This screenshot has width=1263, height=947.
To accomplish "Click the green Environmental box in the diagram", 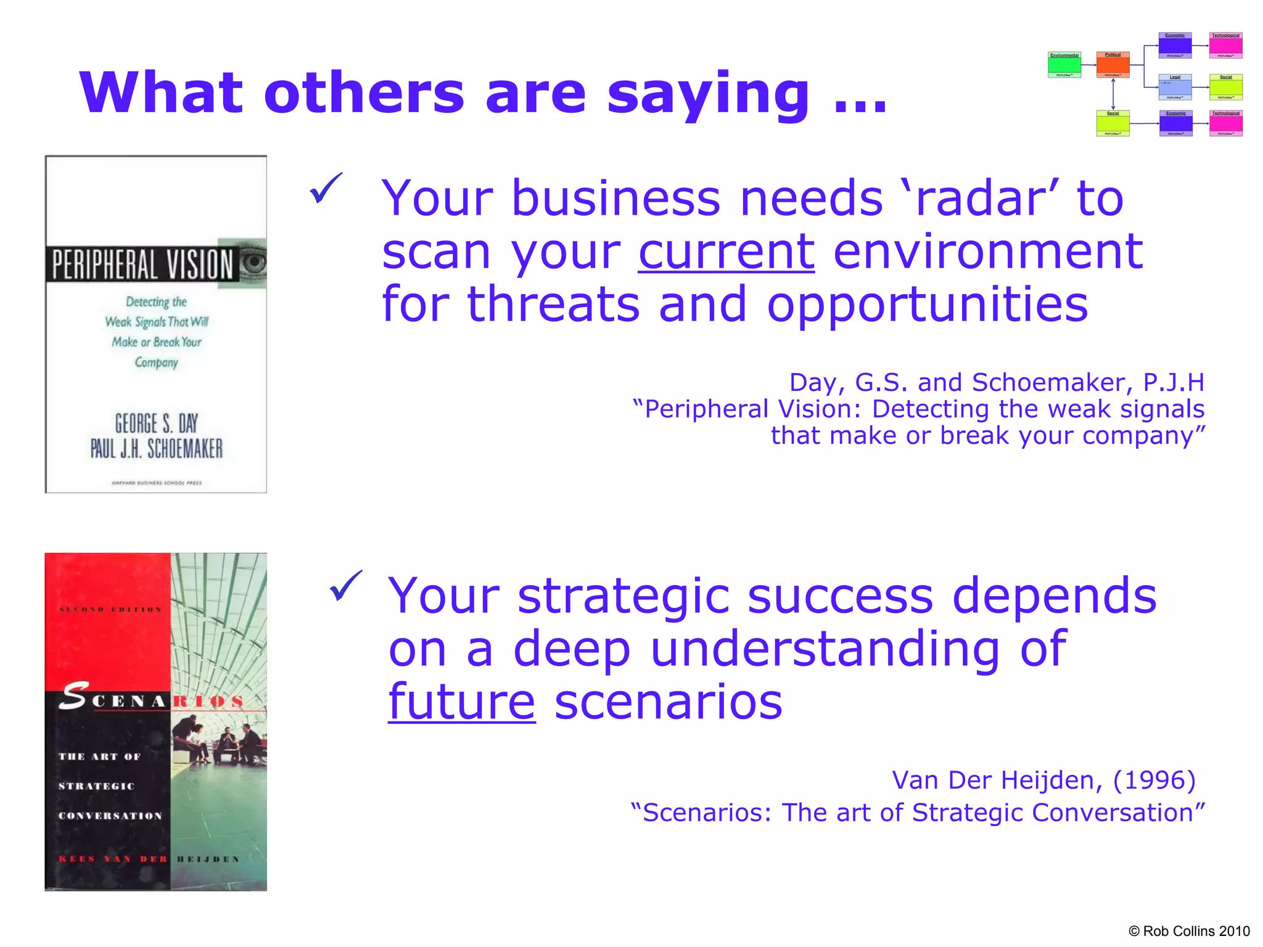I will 1064,65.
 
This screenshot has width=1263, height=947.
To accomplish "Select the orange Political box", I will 1113,65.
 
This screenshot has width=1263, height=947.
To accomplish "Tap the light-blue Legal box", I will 1175,87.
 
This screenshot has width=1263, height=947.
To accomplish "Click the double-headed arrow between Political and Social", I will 1113,94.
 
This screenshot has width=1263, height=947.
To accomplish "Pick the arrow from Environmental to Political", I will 1089,65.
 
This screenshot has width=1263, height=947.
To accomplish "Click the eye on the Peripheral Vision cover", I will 253,263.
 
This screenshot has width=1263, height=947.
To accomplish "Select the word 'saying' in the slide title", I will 708,94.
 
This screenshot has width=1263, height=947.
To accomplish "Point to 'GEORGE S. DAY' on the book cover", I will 156,424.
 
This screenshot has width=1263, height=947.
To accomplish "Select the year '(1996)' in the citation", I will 1154,780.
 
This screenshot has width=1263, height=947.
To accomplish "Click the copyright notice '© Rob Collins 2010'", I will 1188,931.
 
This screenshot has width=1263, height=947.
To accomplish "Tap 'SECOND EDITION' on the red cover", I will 110,609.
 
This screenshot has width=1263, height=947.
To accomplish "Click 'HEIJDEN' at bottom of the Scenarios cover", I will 208,859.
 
